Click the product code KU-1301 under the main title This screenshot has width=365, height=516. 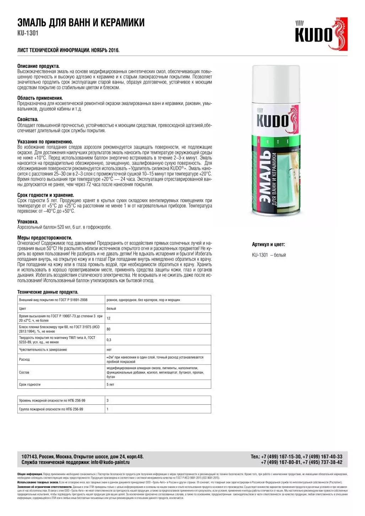tap(28, 33)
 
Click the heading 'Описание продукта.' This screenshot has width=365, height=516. tap(38, 66)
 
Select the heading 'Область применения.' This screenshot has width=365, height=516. tap(40, 98)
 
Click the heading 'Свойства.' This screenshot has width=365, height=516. tap(28, 120)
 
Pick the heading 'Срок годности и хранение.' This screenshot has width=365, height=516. tap(46, 195)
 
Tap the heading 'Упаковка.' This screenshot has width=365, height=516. tap(28, 222)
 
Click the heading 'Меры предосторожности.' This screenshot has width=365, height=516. tap(45, 238)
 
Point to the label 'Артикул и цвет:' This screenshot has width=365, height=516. tap(268, 244)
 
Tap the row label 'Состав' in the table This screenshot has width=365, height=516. tap(24, 372)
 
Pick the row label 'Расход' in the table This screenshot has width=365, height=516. tap(24, 360)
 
